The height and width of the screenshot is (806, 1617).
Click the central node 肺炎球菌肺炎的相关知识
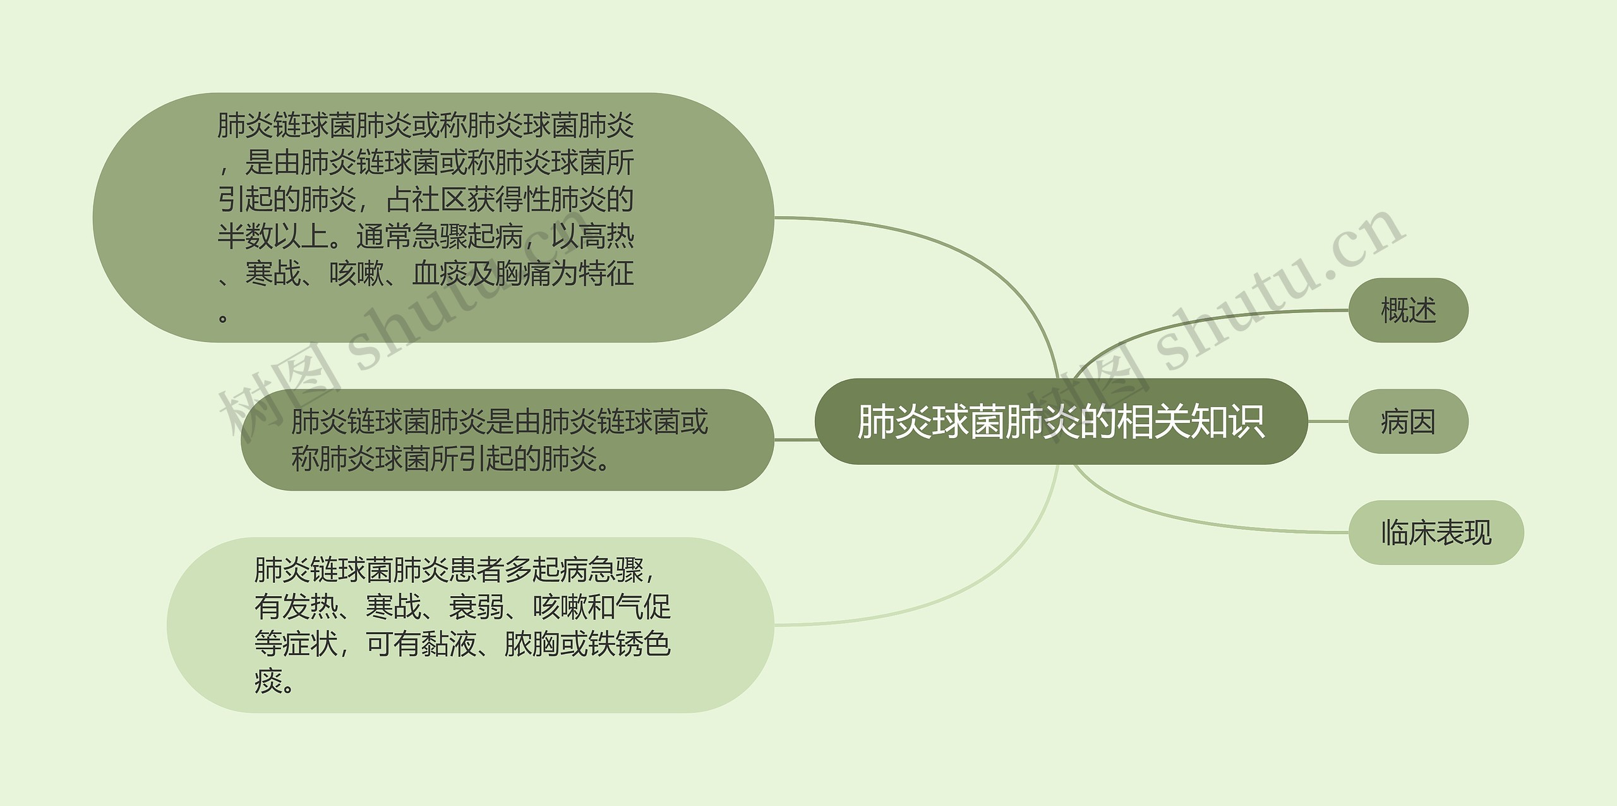click(1061, 422)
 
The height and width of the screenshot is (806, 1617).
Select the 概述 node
click(1408, 310)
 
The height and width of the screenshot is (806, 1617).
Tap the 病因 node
click(1408, 422)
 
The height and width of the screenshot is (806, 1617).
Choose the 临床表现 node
click(1436, 533)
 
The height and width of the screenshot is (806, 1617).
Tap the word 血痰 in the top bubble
click(440, 274)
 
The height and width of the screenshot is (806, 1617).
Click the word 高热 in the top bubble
click(606, 236)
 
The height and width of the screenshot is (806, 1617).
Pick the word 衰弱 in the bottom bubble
click(476, 607)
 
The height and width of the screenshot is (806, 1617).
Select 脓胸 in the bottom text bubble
click(532, 644)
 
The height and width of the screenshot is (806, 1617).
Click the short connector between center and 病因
click(1328, 422)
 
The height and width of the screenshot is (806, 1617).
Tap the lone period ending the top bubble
click(223, 316)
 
